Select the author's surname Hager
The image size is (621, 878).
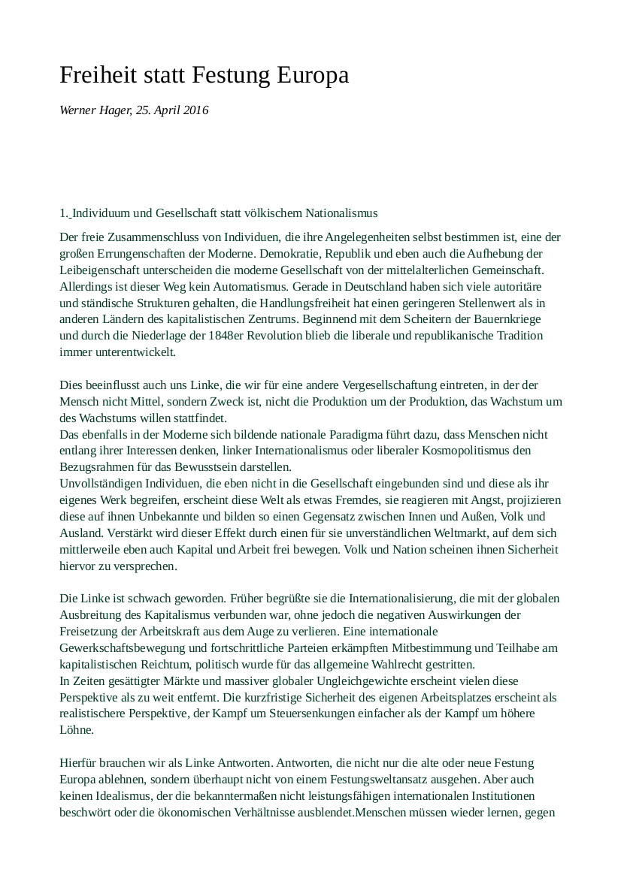click(114, 110)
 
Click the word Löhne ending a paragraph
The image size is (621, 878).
click(76, 729)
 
